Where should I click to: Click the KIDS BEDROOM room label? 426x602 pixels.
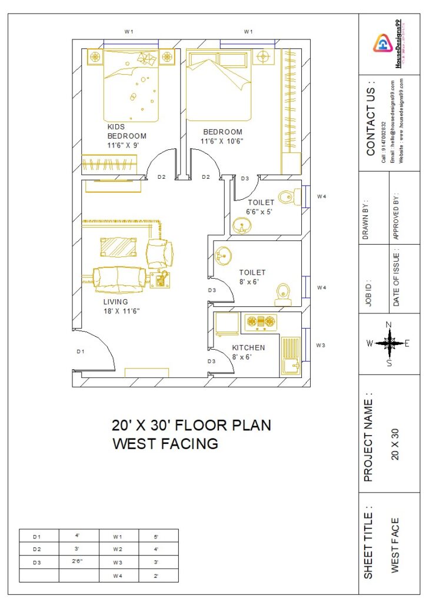(x=126, y=135)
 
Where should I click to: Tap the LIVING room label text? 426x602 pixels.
(x=115, y=302)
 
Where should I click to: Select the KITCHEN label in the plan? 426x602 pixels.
(x=248, y=347)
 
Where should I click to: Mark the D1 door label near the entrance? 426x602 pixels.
(x=81, y=352)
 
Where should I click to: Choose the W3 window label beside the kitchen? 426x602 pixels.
(x=321, y=345)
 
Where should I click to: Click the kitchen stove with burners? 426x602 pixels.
(x=261, y=322)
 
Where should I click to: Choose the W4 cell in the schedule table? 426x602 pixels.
(x=118, y=576)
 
